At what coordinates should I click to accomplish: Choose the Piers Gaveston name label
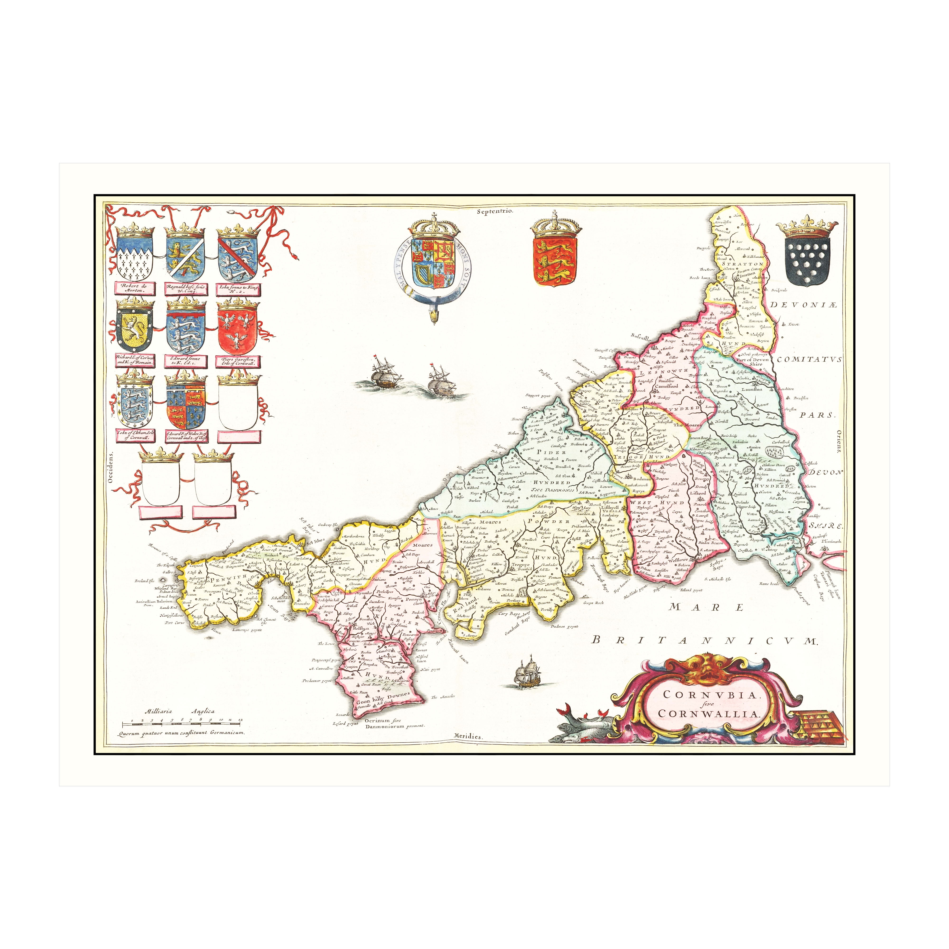pyautogui.click(x=238, y=361)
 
